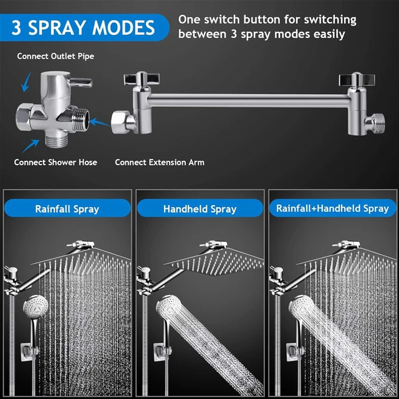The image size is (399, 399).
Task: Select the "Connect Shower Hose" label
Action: point(56,162)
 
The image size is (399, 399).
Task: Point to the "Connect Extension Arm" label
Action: point(160,162)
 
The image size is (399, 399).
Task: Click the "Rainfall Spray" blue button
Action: point(67,209)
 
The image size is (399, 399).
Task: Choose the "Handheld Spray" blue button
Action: point(199,209)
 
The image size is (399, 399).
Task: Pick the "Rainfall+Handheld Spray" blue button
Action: point(332,208)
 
